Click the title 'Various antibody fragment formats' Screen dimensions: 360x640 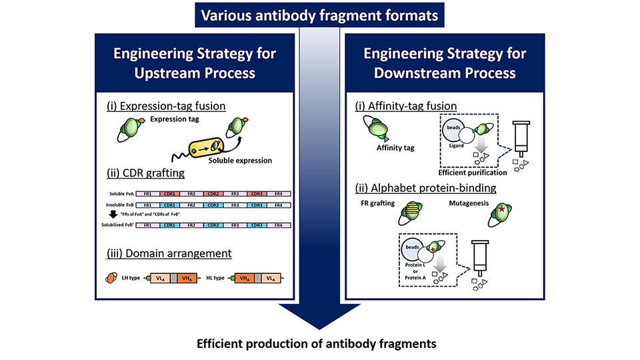click(320, 13)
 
